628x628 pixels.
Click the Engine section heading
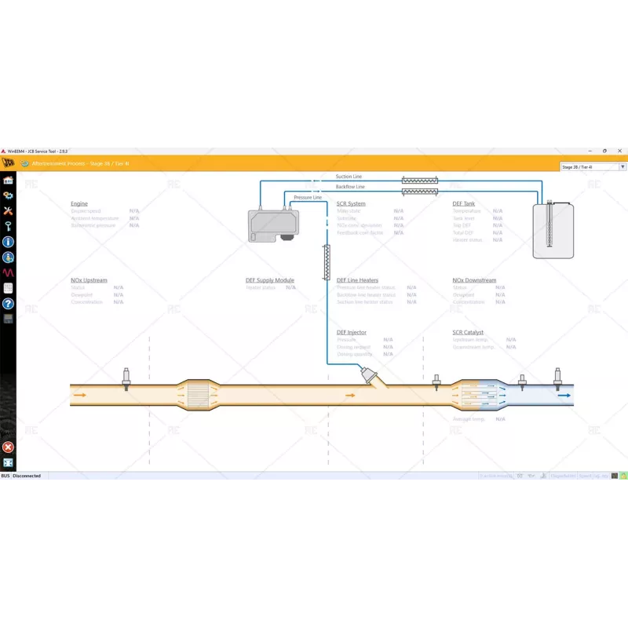pos(79,203)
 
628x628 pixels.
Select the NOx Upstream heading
pos(89,280)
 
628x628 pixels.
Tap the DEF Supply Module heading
pos(270,280)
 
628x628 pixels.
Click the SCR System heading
pos(351,203)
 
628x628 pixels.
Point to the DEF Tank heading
pos(464,203)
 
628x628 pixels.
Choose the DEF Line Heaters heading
pos(357,280)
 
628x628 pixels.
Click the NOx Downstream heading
pos(474,280)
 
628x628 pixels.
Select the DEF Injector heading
pos(352,332)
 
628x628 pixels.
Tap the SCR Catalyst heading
pos(468,332)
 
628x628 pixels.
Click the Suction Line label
pos(349,177)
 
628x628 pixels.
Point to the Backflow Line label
pos(350,187)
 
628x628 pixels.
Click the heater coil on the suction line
pos(420,180)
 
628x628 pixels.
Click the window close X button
pos(619,150)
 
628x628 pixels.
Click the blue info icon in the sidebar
pos(8,242)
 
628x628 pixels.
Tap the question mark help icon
pos(8,303)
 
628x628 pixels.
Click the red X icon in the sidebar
pos(8,447)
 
